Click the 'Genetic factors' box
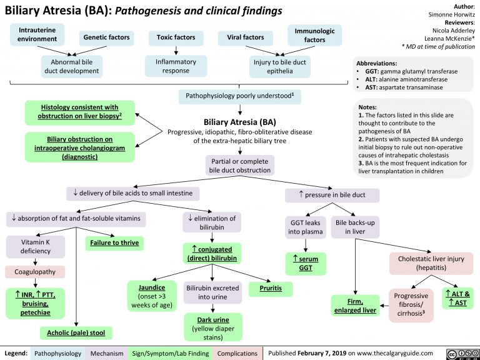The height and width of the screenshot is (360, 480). click(x=107, y=37)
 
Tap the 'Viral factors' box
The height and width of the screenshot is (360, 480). click(x=244, y=37)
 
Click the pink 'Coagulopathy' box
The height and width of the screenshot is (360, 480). click(x=31, y=272)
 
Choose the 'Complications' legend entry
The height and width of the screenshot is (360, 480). click(x=238, y=352)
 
